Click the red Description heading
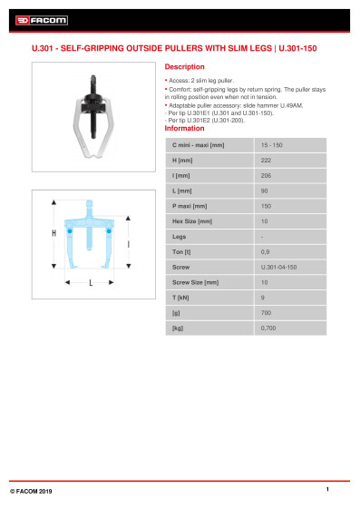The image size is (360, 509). click(184, 67)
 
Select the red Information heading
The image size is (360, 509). click(184, 129)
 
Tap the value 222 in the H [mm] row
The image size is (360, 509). click(266, 160)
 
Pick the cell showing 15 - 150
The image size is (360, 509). click(271, 145)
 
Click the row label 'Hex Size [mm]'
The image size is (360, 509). click(192, 221)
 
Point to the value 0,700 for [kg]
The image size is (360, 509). click(268, 328)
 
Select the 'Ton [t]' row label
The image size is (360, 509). click(182, 252)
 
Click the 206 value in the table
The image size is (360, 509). click(266, 175)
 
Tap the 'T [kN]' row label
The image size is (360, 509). click(181, 298)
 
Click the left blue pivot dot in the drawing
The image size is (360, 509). click(69, 230)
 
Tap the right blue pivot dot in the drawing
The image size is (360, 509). click(110, 230)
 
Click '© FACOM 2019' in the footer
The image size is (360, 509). click(31, 490)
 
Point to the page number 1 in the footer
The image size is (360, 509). click(326, 489)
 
